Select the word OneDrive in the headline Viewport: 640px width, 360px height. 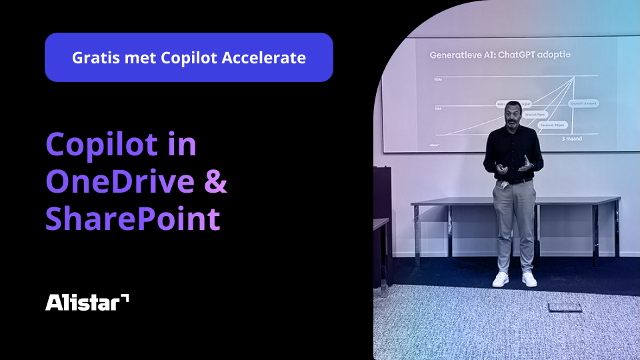click(x=120, y=182)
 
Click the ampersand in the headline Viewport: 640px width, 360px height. click(x=215, y=182)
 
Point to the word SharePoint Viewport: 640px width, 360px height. click(x=132, y=219)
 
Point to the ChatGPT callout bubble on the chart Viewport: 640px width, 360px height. click(x=583, y=103)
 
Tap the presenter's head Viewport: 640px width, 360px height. click(x=512, y=111)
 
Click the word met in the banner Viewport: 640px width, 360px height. click(x=143, y=57)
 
